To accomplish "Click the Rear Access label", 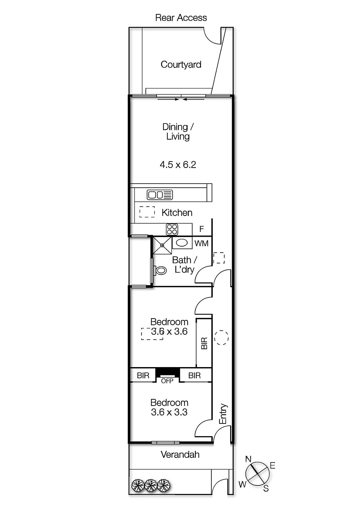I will click(x=181, y=18).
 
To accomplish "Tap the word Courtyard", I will click(x=181, y=65).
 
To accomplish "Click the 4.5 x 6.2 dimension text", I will click(x=178, y=165).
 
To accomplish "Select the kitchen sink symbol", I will click(x=160, y=195).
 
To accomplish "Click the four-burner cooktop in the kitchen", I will click(x=172, y=229).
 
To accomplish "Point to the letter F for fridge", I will click(x=201, y=229).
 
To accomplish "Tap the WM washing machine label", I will click(x=201, y=243).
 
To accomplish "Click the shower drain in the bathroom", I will click(x=162, y=245).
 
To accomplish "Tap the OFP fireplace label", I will click(x=167, y=381).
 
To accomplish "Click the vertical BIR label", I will click(x=204, y=343).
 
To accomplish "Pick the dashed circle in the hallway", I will click(x=221, y=338).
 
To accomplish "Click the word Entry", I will click(x=223, y=414).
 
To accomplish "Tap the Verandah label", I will click(x=180, y=455).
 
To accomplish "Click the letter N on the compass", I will click(x=248, y=459).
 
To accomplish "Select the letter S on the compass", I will click(x=266, y=488).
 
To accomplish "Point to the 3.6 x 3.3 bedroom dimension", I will click(x=169, y=412).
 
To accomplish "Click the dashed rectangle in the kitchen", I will click(x=147, y=212).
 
